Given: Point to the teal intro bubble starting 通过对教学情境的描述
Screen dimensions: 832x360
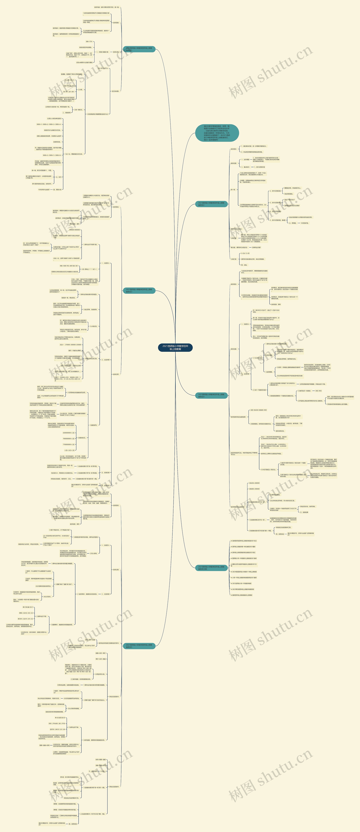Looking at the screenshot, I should [217, 133].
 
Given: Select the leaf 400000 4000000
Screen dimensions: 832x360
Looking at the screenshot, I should [75, 230].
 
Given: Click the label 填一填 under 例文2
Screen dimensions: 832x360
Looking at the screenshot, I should [233, 190].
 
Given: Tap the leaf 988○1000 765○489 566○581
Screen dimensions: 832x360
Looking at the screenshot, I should [69, 266].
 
